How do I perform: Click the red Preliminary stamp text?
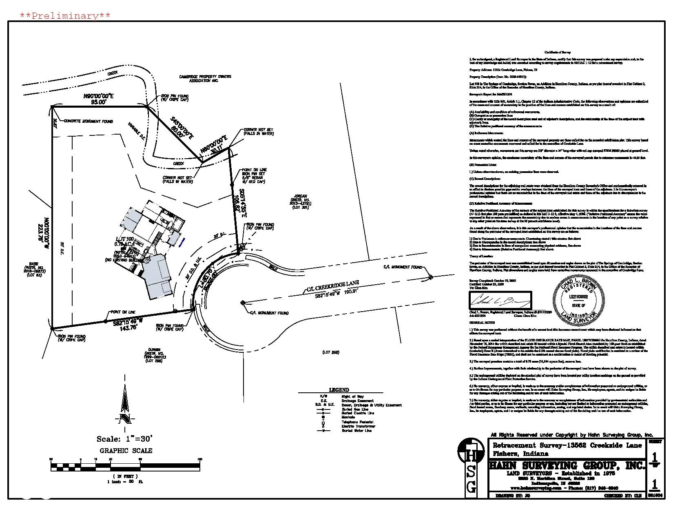click(x=65, y=16)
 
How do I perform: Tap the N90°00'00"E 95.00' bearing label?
click(x=98, y=99)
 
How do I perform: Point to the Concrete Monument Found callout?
click(x=88, y=122)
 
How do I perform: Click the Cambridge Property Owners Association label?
click(x=205, y=79)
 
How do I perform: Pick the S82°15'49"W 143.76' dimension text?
click(x=129, y=323)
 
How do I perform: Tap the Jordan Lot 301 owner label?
click(x=301, y=202)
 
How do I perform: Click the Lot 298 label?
click(x=331, y=352)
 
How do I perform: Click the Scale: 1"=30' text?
click(x=124, y=439)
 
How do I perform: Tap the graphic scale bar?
click(x=125, y=465)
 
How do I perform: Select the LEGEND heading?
click(x=339, y=390)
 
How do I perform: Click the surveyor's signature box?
click(x=501, y=301)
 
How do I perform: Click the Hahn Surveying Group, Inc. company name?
click(x=567, y=465)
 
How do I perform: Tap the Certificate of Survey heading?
click(x=558, y=53)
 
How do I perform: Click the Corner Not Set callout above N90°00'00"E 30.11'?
click(x=259, y=132)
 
